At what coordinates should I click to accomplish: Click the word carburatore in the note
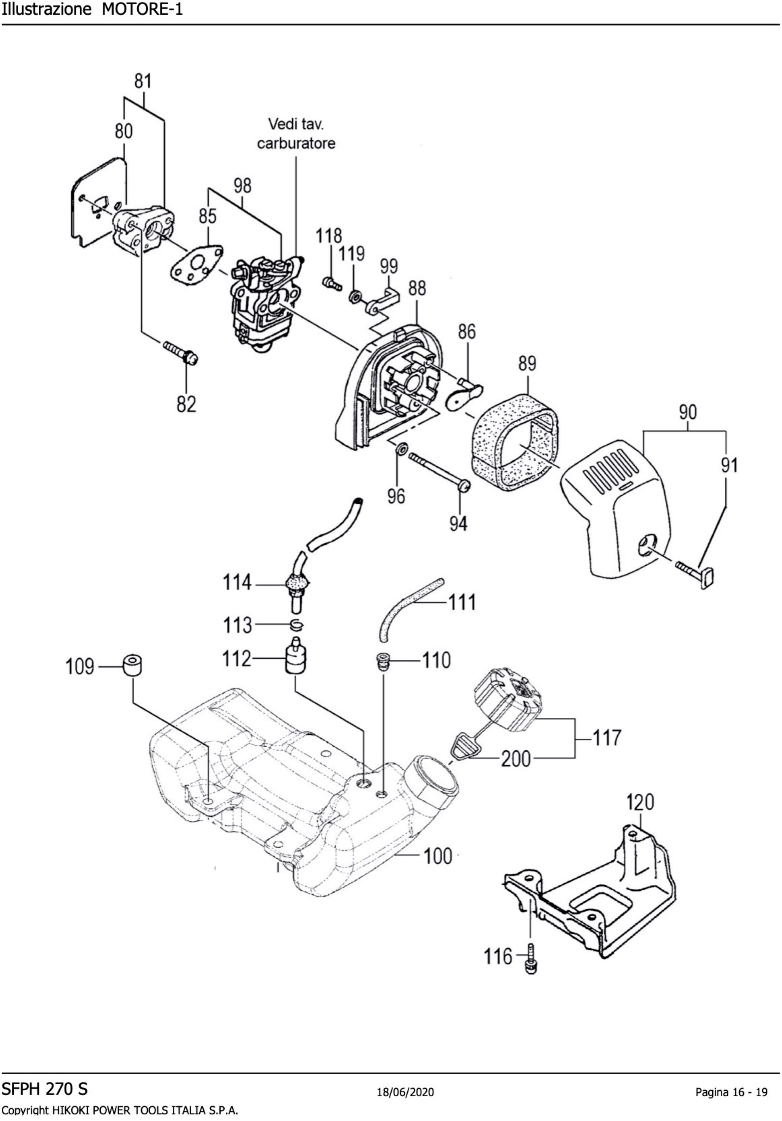296,143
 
